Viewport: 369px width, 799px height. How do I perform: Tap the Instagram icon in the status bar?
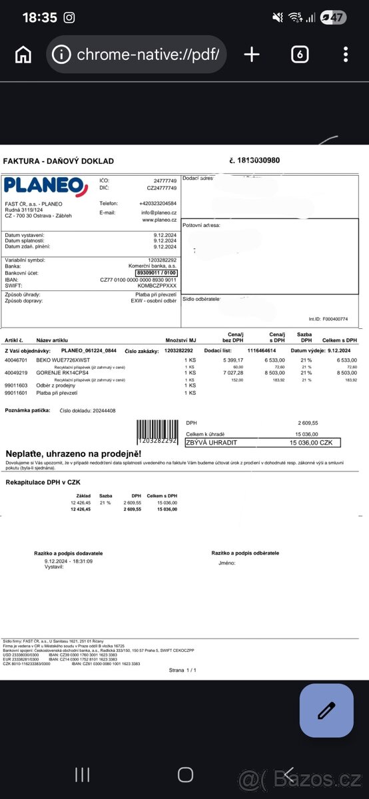tap(69, 18)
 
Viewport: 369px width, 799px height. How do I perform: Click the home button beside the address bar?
tap(23, 55)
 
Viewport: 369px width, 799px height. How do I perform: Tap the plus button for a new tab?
tap(252, 55)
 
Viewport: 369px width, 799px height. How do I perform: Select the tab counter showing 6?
tap(300, 55)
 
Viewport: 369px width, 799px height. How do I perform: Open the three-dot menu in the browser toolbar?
tap(345, 55)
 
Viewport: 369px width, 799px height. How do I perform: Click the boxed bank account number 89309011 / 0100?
tap(157, 272)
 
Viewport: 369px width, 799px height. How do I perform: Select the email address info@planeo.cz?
tap(159, 212)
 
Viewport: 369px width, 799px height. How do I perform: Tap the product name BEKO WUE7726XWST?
tap(63, 360)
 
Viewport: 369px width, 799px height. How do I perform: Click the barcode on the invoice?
tap(157, 431)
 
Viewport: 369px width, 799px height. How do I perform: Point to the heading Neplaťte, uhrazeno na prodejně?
tap(73, 453)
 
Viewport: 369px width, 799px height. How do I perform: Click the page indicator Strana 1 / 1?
tap(183, 670)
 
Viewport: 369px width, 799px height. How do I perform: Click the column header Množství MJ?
tap(181, 340)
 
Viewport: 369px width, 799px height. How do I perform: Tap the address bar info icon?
tap(61, 55)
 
